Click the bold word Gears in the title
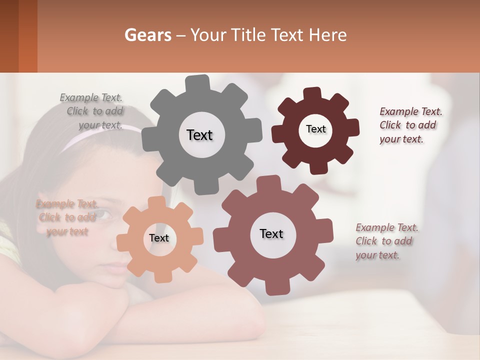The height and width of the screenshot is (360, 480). pyautogui.click(x=147, y=35)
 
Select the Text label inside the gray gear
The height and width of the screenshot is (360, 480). pyautogui.click(x=199, y=135)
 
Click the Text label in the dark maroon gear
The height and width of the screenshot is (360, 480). pyautogui.click(x=315, y=129)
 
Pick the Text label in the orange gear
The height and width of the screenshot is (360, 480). pyautogui.click(x=159, y=238)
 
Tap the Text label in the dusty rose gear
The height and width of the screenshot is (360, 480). pyautogui.click(x=271, y=233)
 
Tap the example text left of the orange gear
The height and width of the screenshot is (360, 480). pyautogui.click(x=67, y=217)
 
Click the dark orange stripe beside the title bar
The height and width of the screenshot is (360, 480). pyautogui.click(x=28, y=36)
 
